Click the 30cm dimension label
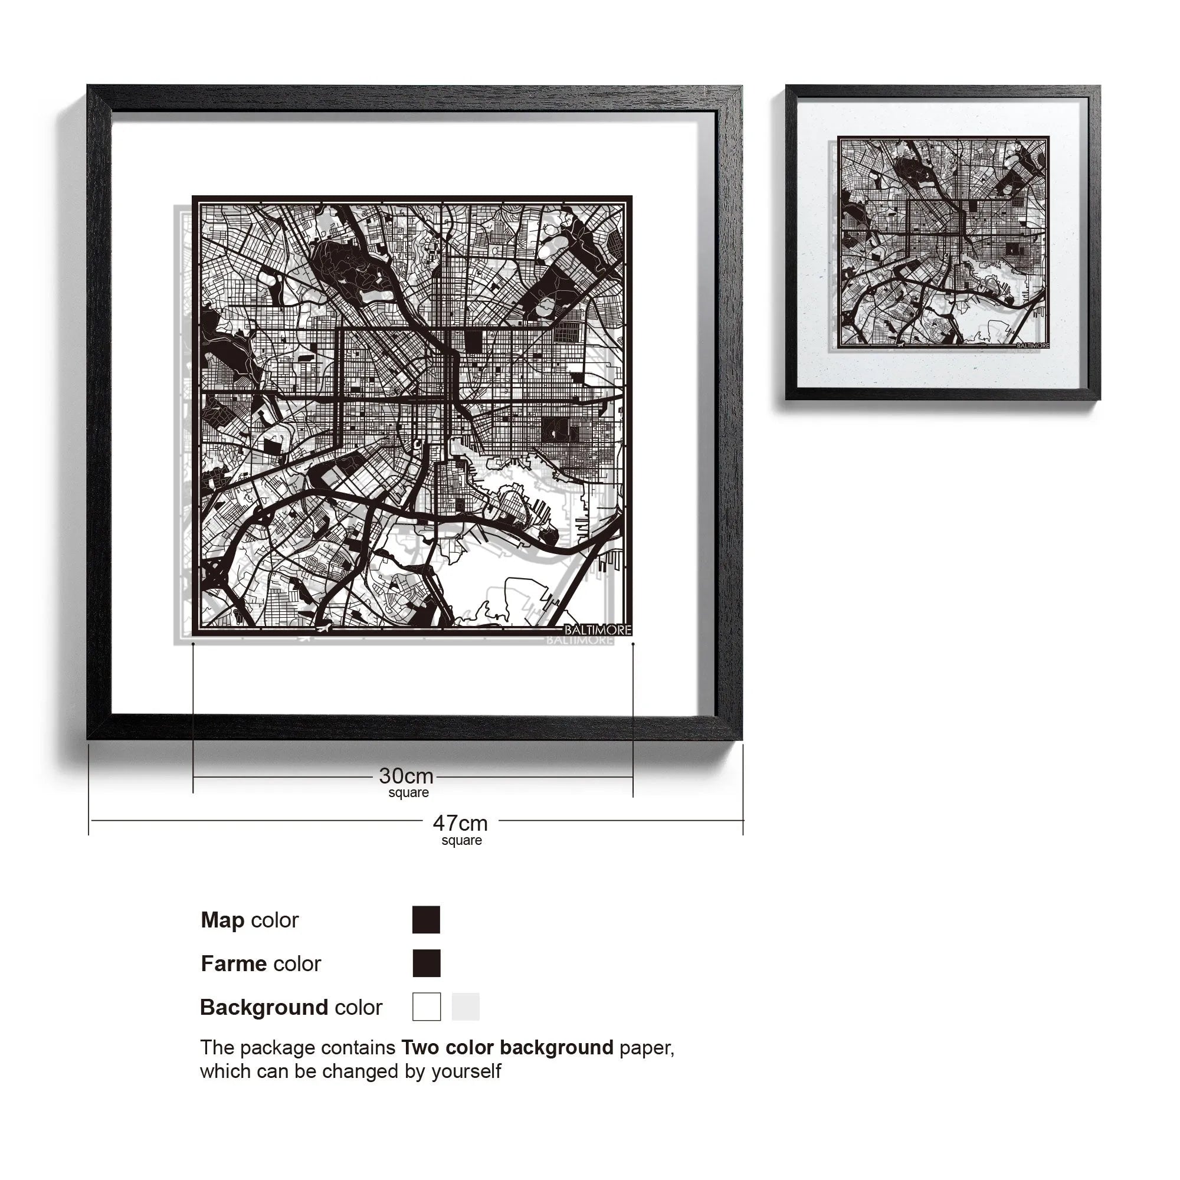click(x=406, y=776)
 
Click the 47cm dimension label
click(x=460, y=824)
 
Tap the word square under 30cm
click(x=409, y=793)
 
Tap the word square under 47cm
click(x=462, y=840)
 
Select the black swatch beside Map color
click(x=426, y=920)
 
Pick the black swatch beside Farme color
click(x=426, y=963)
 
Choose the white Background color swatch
click(x=426, y=1007)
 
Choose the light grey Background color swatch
click(x=466, y=1007)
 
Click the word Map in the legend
click(x=222, y=920)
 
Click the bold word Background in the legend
click(x=264, y=1007)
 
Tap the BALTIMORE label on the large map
click(x=597, y=630)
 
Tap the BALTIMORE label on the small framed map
click(x=1032, y=346)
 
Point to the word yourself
click(x=466, y=1071)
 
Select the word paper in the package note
click(x=646, y=1048)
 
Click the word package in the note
click(x=277, y=1048)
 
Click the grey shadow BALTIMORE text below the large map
click(x=579, y=640)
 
